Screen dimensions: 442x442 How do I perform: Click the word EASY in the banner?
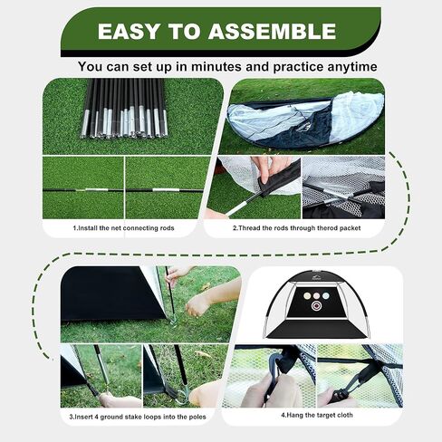130,31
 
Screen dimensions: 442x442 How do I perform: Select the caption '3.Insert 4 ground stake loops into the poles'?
139,418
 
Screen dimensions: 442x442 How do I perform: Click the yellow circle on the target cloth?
308,295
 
